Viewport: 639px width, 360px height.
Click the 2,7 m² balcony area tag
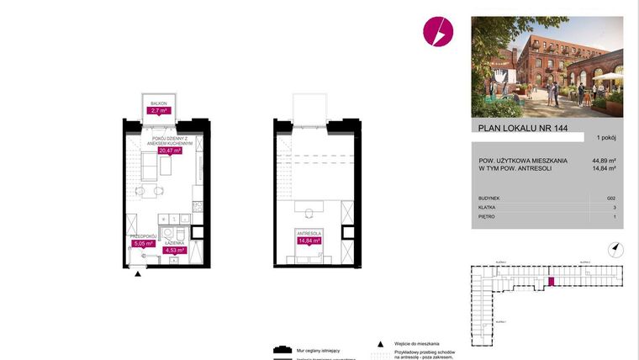pyautogui.click(x=158, y=110)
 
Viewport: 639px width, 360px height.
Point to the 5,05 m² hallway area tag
pyautogui.click(x=144, y=244)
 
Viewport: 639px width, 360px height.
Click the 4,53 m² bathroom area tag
pyautogui.click(x=174, y=248)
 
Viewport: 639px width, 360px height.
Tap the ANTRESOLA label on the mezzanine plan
pyautogui.click(x=309, y=232)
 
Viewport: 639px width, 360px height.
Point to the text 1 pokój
pyautogui.click(x=606, y=137)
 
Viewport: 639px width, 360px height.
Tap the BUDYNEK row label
pyautogui.click(x=489, y=198)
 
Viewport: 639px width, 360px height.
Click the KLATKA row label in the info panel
pyautogui.click(x=487, y=207)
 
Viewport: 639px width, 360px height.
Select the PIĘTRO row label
pyautogui.click(x=486, y=216)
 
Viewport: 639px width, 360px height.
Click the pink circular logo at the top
pyautogui.click(x=437, y=32)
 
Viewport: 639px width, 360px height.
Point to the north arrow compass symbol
pyautogui.click(x=615, y=248)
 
